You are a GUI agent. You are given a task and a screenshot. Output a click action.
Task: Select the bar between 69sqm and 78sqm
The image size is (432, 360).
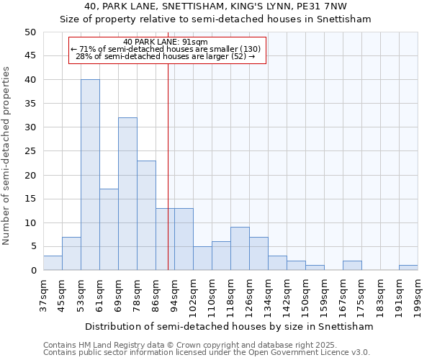[x=127, y=194]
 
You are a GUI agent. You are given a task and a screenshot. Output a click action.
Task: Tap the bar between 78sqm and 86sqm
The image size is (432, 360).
[x=146, y=215]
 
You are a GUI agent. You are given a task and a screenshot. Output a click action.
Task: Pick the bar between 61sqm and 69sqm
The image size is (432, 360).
[x=109, y=230]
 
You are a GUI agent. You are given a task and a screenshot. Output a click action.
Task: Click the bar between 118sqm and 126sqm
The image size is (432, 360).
[x=240, y=248]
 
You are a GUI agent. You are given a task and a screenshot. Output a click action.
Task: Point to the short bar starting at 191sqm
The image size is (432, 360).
[x=408, y=268]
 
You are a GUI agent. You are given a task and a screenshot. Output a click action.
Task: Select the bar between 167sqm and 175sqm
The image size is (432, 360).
[x=352, y=266]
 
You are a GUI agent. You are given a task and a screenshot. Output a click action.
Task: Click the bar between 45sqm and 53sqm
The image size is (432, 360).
[x=71, y=253]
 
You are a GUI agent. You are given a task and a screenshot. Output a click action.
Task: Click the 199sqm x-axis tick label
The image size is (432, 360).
[x=418, y=294]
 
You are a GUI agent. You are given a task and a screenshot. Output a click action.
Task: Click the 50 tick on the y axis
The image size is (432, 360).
[x=30, y=32]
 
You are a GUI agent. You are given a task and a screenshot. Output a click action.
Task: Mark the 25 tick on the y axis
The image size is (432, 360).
[x=30, y=151]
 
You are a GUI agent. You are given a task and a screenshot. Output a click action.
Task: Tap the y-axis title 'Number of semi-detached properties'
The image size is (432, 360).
[x=6, y=156]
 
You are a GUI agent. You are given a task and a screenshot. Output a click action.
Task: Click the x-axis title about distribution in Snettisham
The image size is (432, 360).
[x=229, y=326]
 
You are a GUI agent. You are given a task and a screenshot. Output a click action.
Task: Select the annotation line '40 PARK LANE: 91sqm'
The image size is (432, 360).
[x=166, y=42]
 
